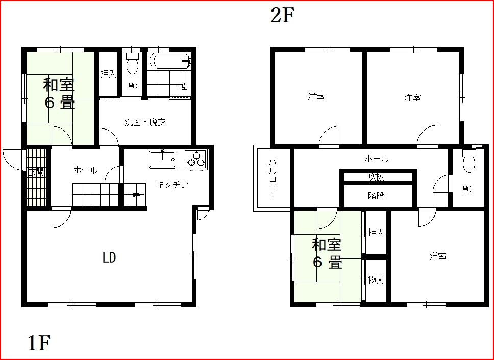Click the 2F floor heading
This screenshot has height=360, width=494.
282,16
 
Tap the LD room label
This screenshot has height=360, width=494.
109,258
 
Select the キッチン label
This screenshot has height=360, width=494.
172,184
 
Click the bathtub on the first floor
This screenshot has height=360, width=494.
170,60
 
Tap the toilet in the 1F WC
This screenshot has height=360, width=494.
132,63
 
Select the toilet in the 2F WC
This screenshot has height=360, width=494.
469,161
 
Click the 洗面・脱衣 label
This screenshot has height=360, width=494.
145,122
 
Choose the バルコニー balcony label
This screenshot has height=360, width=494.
273,179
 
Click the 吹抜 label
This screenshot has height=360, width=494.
376,177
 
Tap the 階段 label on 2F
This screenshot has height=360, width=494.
376,196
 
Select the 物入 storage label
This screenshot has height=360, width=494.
376,280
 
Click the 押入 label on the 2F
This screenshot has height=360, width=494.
376,233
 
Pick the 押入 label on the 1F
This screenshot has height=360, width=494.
108,74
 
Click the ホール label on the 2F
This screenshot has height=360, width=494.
377,159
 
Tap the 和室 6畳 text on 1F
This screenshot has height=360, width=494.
59,93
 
